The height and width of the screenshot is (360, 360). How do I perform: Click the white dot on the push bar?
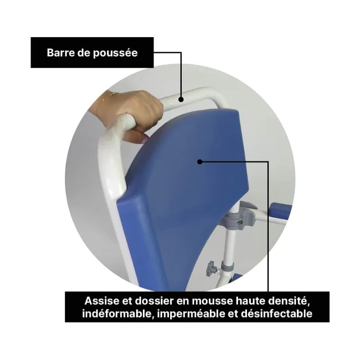pyautogui.click(x=181, y=99)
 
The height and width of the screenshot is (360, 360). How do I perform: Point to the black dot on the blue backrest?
pyautogui.click(x=200, y=161)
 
